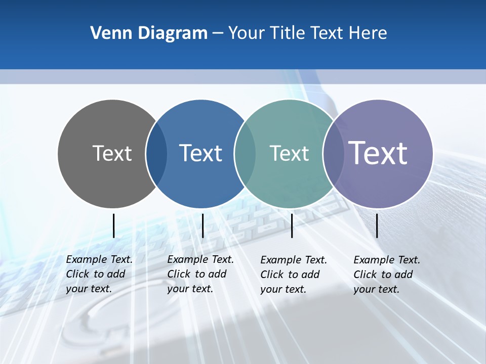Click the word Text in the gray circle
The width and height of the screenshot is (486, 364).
112,153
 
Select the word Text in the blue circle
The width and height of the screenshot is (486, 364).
200,153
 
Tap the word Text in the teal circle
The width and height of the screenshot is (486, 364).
289,153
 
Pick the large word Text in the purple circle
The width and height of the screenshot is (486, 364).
378,153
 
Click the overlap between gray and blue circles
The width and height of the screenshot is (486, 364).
157,154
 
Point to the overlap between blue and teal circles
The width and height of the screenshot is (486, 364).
246,154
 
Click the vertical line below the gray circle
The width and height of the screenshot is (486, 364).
113,225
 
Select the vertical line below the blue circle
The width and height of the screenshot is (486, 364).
202,225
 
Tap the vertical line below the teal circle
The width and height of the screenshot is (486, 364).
292,225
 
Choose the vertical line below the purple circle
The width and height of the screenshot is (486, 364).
377,225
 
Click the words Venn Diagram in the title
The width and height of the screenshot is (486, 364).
149,33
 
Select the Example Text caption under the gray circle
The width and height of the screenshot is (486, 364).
99,274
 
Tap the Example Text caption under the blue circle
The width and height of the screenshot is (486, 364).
200,274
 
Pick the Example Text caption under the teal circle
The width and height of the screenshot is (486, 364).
293,275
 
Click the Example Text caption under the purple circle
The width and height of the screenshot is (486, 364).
386,275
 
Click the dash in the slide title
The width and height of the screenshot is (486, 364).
218,33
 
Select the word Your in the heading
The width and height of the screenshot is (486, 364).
247,33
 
